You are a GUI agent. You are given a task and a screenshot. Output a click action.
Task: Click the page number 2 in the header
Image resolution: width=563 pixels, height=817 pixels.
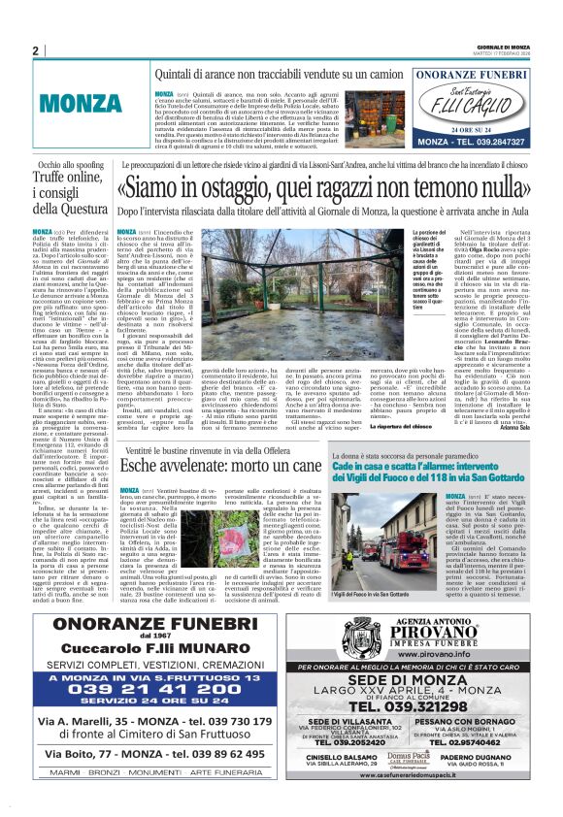pos(36,50)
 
